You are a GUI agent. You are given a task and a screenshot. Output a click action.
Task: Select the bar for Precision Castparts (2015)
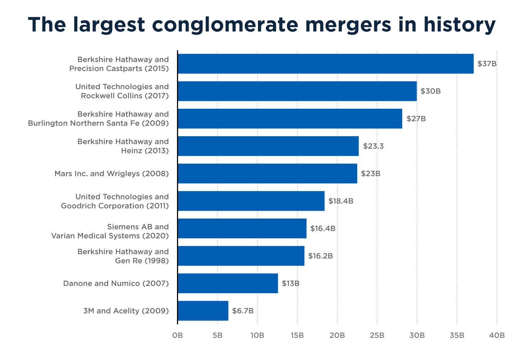[x=326, y=64]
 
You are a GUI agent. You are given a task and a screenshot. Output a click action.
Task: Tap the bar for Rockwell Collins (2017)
[x=297, y=91]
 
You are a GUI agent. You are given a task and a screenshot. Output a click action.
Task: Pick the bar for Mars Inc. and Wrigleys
[x=267, y=174]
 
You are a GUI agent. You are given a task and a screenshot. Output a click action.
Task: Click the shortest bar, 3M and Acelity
[x=203, y=311]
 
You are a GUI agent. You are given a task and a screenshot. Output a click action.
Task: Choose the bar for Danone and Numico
[x=228, y=283]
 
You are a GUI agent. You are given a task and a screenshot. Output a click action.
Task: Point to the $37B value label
[x=487, y=64]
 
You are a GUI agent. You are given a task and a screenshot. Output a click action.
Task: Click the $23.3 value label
[x=373, y=146]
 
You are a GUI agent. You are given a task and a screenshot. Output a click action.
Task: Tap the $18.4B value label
[x=341, y=201]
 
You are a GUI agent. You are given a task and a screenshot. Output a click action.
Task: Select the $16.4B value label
[x=323, y=229]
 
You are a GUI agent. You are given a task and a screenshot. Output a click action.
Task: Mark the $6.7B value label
[x=242, y=311]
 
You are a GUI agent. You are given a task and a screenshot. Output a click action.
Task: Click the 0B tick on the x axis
[x=177, y=336]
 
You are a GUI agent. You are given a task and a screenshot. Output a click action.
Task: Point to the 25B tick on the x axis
[x=377, y=336]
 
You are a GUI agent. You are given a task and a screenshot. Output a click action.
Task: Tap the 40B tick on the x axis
[x=497, y=336]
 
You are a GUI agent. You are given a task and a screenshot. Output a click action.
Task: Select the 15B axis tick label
[x=297, y=336]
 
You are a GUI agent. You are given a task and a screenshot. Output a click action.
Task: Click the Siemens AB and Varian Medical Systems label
[x=110, y=231]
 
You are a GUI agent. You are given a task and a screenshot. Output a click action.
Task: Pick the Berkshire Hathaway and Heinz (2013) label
[x=123, y=146]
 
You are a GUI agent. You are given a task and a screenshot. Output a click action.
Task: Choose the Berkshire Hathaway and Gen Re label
[x=123, y=256]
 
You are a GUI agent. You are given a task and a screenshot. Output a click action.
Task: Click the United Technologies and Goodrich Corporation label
[x=115, y=201]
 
